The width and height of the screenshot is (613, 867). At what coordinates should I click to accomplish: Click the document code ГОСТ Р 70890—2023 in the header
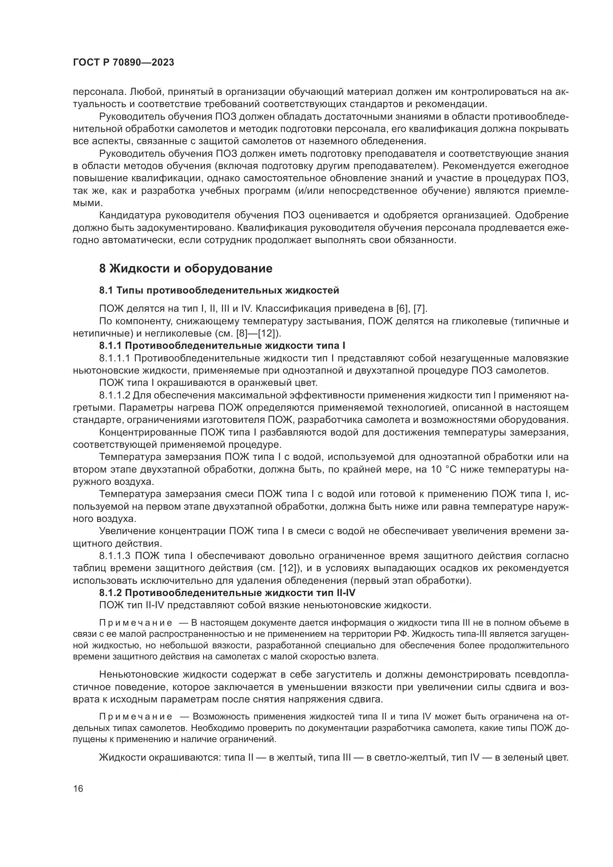click(123, 63)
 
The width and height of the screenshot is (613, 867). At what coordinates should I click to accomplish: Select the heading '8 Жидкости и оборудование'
click(185, 269)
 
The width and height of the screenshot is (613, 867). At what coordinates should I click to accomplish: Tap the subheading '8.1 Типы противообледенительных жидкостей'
click(219, 290)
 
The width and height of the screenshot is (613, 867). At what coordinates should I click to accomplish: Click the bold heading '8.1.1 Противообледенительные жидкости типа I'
click(222, 345)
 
